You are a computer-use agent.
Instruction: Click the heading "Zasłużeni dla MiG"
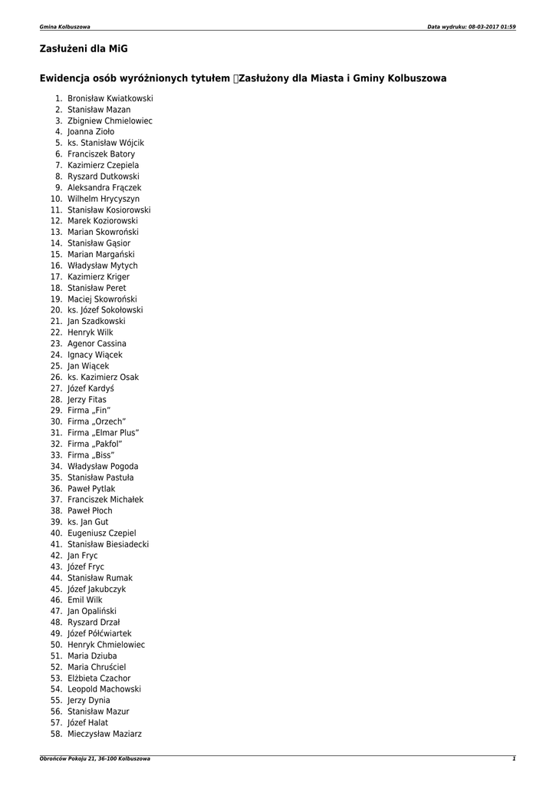point(84,49)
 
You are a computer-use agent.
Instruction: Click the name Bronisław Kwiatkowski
point(110,99)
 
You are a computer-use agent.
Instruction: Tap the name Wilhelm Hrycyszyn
point(104,199)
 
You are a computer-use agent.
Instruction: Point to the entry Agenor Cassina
point(97,344)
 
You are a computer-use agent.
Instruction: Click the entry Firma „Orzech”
point(97,421)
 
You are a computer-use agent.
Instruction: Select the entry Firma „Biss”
point(91,455)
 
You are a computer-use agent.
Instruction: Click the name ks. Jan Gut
point(88,522)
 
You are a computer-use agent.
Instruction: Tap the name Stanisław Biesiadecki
point(108,544)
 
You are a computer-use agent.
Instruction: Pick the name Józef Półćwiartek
point(100,633)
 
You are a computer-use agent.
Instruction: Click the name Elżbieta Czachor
point(99,678)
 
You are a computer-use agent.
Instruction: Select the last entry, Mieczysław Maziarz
point(104,734)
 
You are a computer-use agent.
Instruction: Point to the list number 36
point(56,488)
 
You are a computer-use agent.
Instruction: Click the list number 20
point(56,310)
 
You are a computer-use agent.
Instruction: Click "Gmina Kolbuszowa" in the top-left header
point(64,27)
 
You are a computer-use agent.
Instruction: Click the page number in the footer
point(514,758)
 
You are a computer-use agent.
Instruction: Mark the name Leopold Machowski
point(104,689)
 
